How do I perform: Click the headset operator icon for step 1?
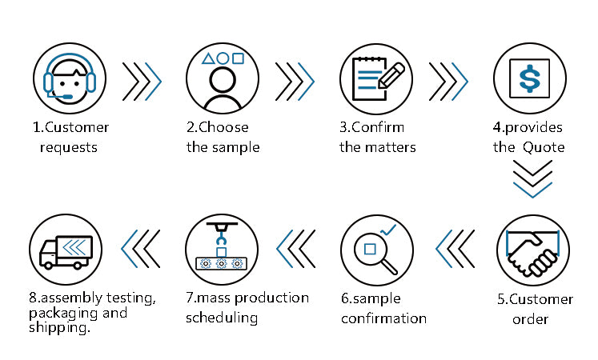(69, 80)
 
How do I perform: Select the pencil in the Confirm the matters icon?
(390, 76)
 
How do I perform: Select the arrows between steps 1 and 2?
(142, 80)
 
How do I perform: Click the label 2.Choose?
(218, 127)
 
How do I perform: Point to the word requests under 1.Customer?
(69, 147)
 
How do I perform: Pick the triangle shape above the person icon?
(207, 58)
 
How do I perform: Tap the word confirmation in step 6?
(383, 318)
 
